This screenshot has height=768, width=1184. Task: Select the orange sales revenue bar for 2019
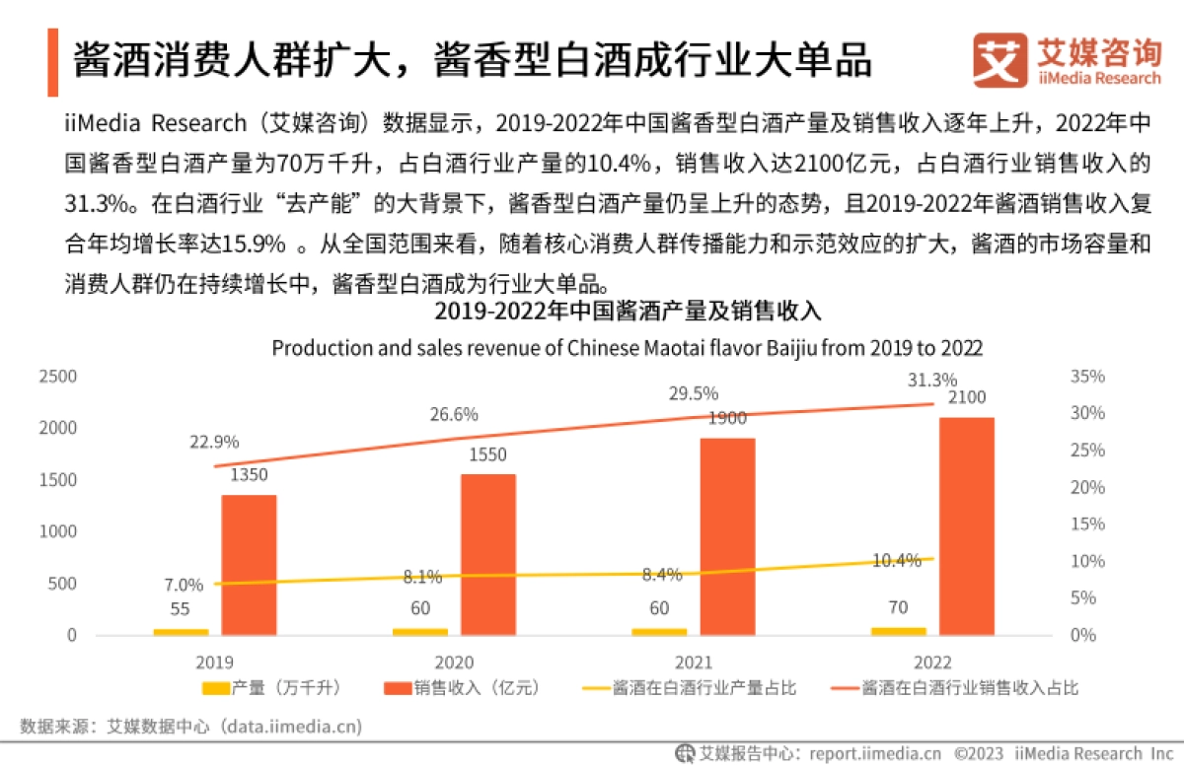(x=249, y=564)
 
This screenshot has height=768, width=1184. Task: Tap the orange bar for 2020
(x=488, y=554)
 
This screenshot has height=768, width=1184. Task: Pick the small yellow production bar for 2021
(x=659, y=631)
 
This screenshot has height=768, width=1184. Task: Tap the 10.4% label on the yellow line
(x=897, y=560)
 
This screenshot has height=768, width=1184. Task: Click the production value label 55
(x=181, y=609)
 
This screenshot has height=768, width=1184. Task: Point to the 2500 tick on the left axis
(x=57, y=377)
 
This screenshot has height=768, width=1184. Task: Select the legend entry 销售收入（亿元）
(x=463, y=687)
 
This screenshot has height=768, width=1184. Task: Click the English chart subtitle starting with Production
(x=628, y=348)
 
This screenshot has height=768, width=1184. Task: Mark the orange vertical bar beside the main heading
(x=52, y=59)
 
